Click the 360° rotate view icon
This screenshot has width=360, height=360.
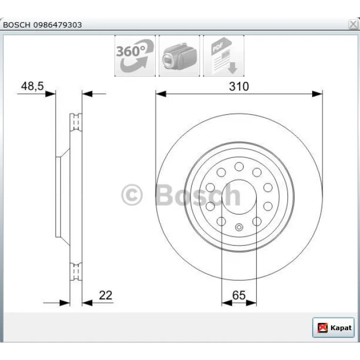pos(135,56)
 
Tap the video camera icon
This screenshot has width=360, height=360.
pos(179,56)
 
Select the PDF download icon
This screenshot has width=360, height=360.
pos(223,56)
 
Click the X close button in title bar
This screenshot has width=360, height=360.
pos(353,24)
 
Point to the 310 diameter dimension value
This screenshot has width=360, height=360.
pos(239,86)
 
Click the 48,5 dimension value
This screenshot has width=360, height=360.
pos(32,86)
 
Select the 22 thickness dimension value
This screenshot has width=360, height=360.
pos(105,295)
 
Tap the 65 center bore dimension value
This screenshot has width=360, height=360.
pos(239,295)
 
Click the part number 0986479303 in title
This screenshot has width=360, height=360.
pos(58,25)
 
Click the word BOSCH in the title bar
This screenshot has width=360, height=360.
pos(16,25)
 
